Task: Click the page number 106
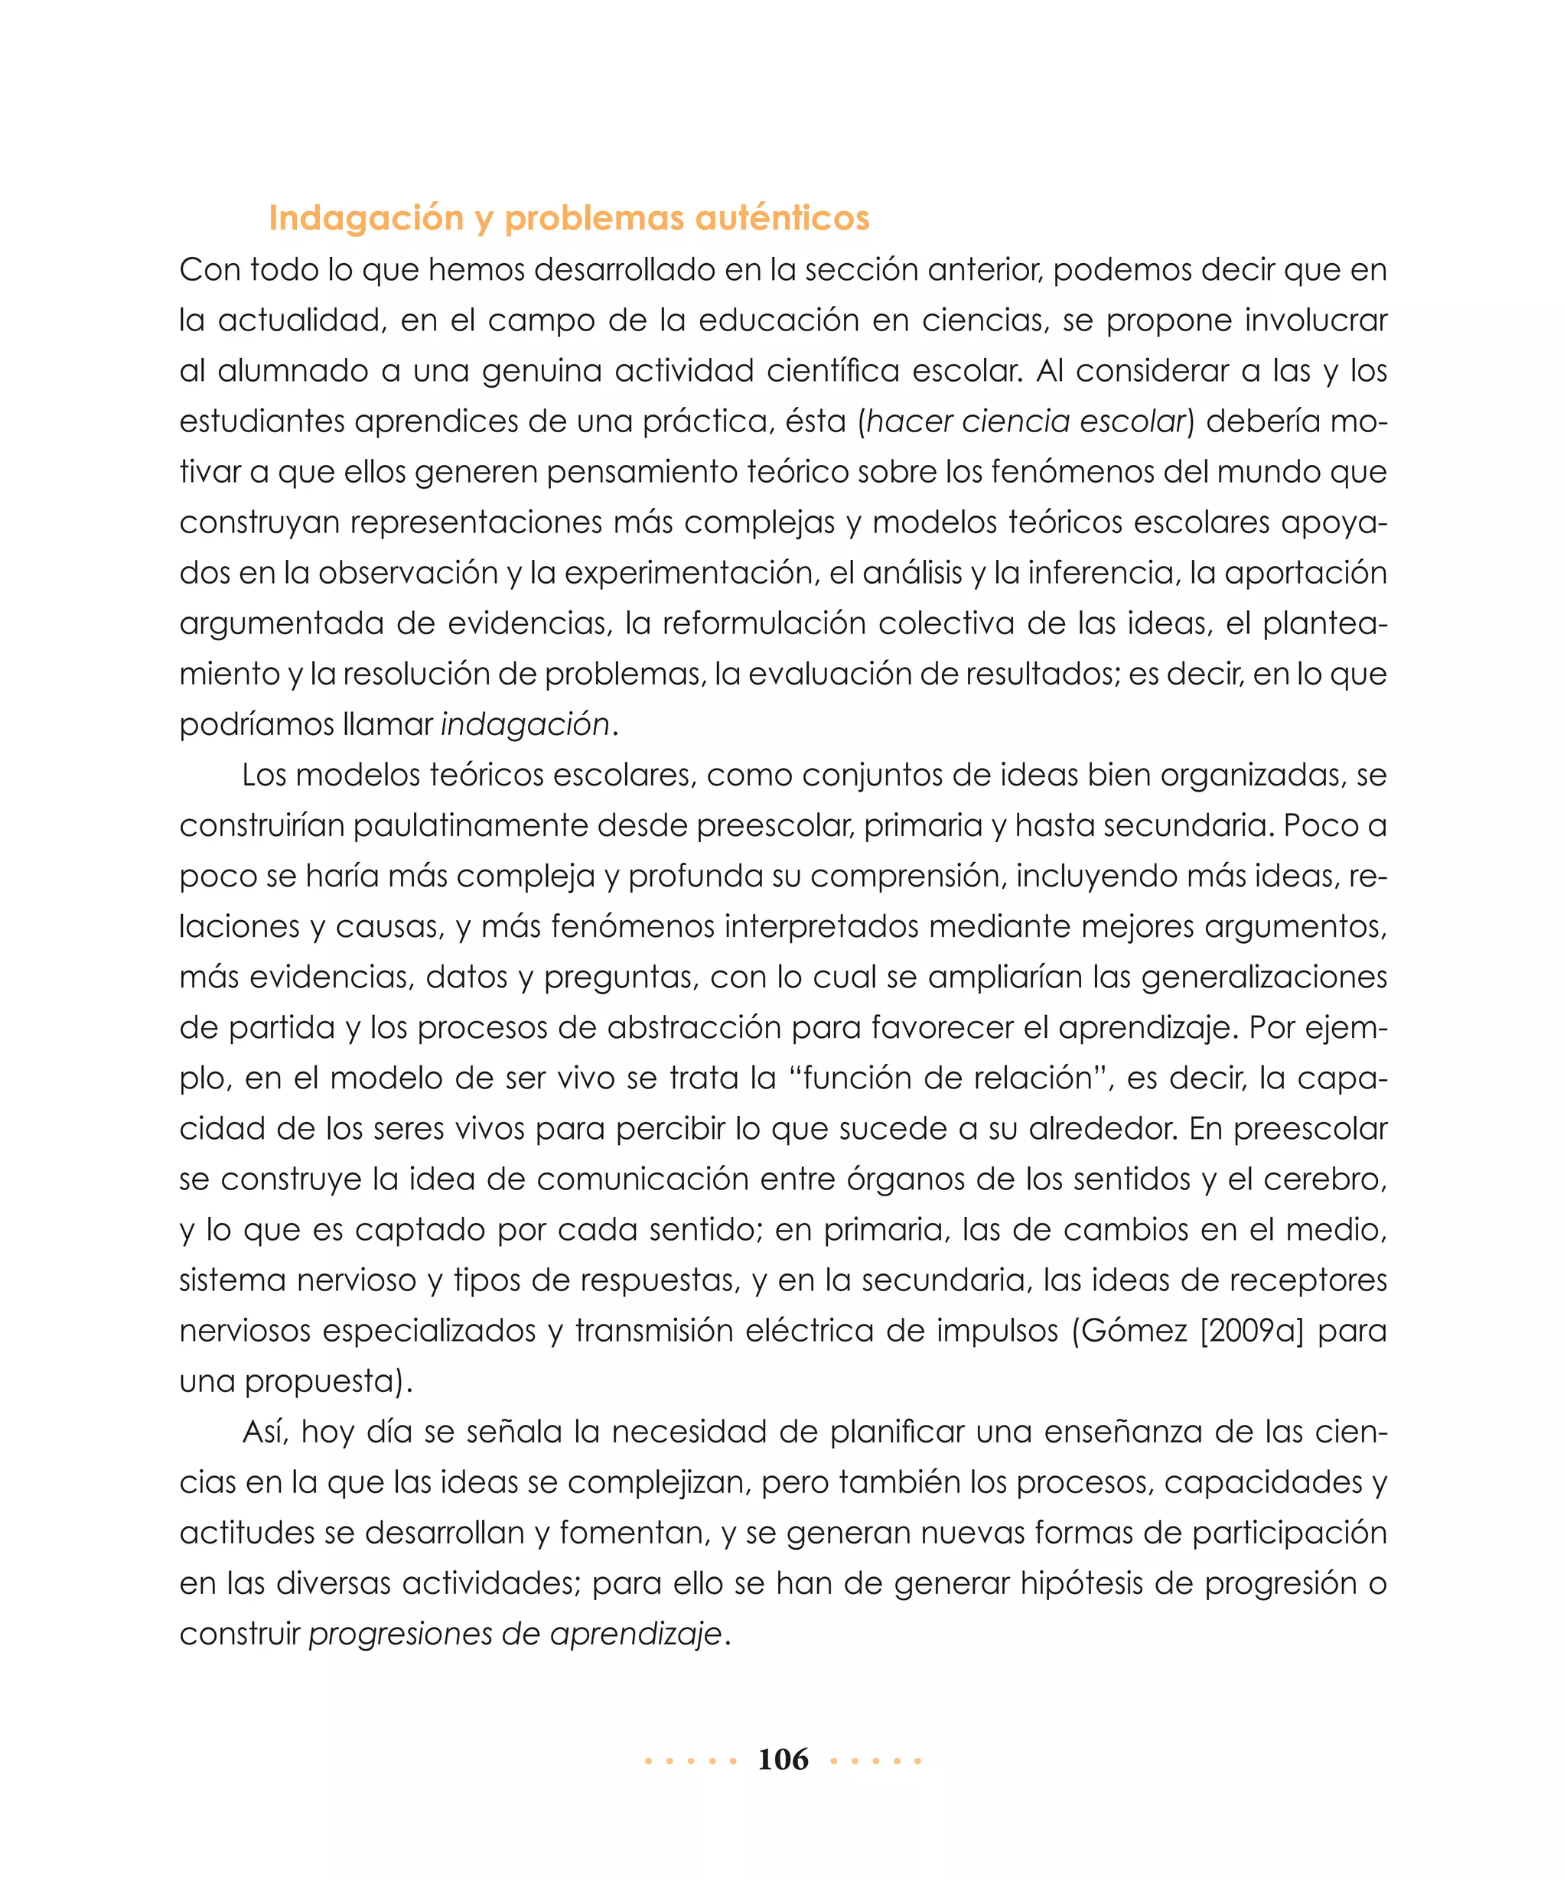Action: click(x=783, y=1759)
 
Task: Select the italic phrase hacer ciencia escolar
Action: click(x=1025, y=421)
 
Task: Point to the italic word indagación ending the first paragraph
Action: click(x=525, y=724)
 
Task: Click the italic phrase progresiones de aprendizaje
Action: click(x=515, y=1634)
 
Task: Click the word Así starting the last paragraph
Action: click(x=264, y=1432)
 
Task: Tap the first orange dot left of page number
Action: click(x=648, y=1761)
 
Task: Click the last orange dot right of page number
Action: click(x=918, y=1761)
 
